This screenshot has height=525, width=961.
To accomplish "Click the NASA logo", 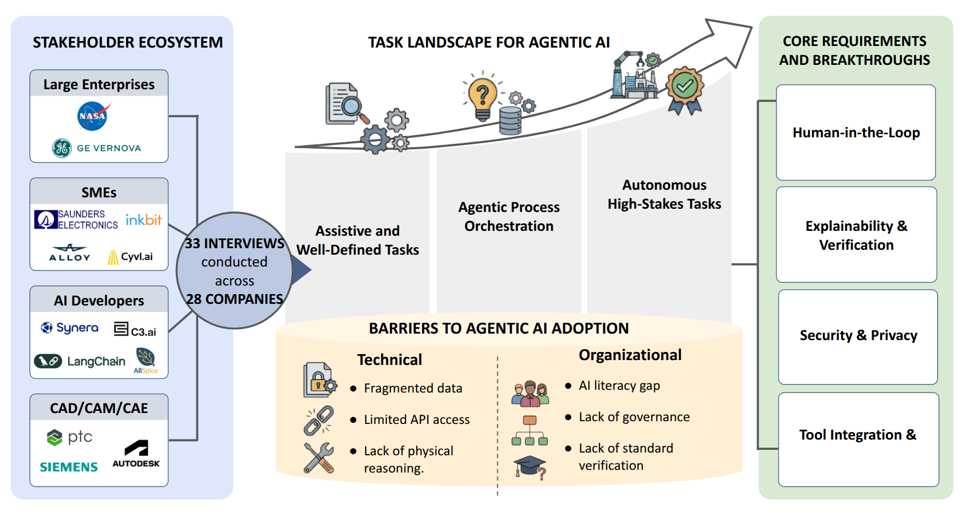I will [x=93, y=116].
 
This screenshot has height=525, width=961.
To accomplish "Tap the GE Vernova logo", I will [x=97, y=148].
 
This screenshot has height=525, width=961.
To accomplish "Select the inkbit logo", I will [x=143, y=220].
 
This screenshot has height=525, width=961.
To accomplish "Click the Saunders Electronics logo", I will [x=76, y=220].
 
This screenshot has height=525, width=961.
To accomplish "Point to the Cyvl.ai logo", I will [x=130, y=257].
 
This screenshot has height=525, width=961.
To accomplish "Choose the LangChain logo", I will [x=80, y=361].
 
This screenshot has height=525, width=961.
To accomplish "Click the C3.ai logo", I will [x=135, y=330].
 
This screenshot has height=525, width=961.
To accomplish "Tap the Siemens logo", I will [x=69, y=467].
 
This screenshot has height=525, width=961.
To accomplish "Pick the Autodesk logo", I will [x=136, y=454].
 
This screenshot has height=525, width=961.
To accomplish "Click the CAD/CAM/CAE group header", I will [x=99, y=408].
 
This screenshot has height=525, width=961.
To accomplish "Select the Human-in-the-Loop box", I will [x=855, y=132].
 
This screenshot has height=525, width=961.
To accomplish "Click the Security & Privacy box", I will [x=858, y=336].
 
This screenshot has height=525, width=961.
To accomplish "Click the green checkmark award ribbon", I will [x=684, y=90].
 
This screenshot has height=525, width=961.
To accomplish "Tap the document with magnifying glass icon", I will [x=345, y=104].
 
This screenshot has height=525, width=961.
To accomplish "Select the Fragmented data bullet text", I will [x=412, y=388].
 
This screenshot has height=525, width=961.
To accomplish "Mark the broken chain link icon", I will [x=318, y=420].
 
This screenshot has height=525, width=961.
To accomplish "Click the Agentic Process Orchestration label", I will [x=509, y=216].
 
